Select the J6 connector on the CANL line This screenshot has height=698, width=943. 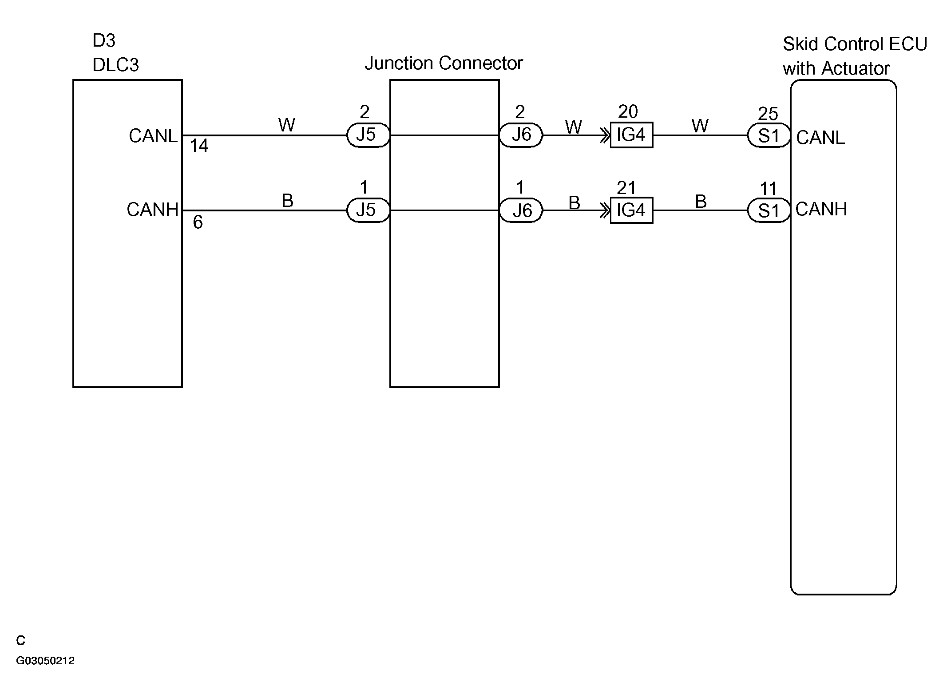521,135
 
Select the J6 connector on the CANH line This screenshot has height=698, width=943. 521,210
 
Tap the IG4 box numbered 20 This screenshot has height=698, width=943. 631,135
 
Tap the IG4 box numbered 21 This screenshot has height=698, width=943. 631,210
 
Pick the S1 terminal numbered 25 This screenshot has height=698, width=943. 769,136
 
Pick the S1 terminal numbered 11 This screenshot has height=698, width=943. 769,211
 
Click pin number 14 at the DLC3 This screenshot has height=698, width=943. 199,146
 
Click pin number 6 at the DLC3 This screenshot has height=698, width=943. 198,222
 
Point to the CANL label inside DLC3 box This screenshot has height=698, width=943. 153,136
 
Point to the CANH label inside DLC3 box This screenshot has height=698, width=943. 152,210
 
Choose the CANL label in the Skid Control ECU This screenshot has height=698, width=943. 820,138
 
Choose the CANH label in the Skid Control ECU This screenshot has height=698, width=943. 821,209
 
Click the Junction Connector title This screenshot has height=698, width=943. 444,63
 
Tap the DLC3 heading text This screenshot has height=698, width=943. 115,65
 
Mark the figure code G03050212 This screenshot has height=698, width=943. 45,660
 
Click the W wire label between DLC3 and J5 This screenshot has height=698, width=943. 286,125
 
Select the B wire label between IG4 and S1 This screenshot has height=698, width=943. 701,202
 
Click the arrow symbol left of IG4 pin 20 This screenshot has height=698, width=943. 605,135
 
